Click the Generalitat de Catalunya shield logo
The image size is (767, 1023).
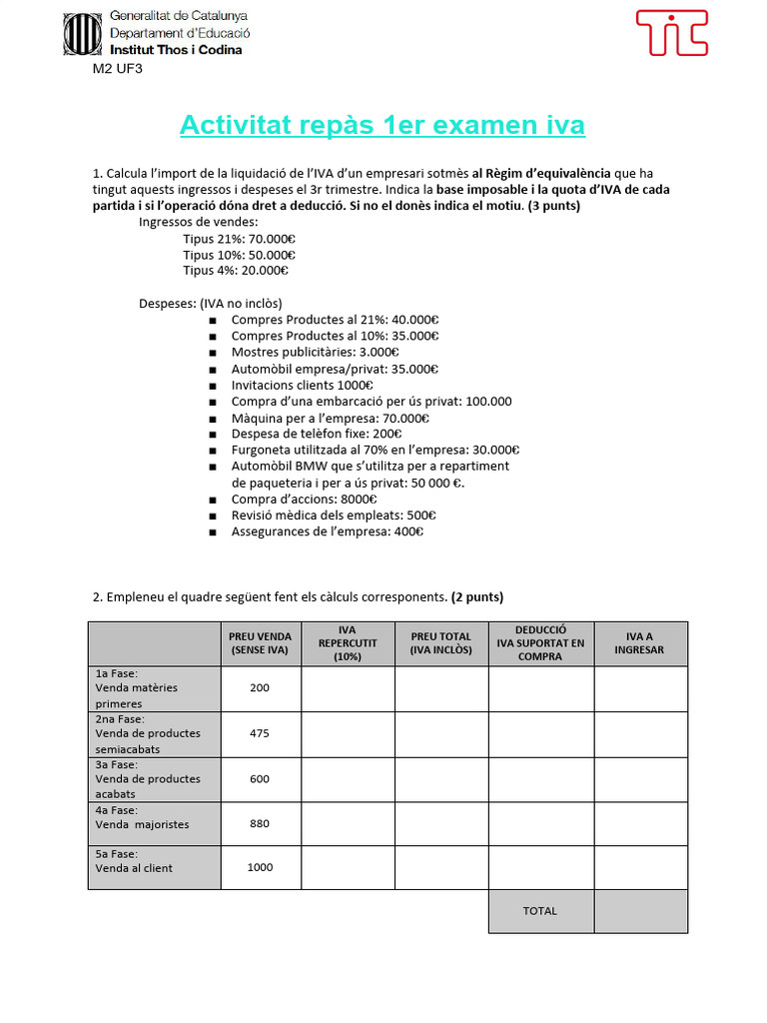82,34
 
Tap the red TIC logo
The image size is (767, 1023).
672,33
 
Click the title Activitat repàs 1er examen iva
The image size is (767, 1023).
383,126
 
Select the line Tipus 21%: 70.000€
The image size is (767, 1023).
239,239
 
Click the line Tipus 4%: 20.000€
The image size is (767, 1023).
236,270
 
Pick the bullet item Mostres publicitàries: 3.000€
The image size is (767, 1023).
315,352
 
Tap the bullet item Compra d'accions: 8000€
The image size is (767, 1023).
304,499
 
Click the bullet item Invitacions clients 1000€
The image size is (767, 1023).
302,385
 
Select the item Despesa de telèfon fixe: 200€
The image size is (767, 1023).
316,434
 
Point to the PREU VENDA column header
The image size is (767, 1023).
260,643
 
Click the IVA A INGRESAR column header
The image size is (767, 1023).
640,643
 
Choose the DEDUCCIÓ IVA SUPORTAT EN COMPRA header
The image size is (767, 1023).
540,643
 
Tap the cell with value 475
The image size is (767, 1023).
260,733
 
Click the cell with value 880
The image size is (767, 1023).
260,824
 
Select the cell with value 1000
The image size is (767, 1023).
260,867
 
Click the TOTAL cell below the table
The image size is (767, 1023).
540,911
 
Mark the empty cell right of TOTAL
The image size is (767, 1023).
640,911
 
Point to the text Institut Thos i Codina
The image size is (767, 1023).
175,49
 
